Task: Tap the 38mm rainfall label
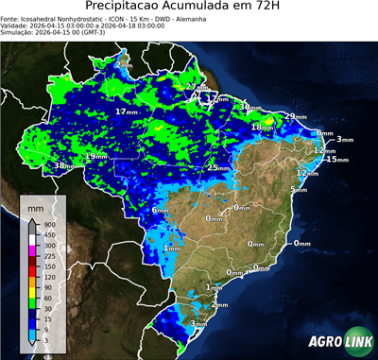(x=64, y=166)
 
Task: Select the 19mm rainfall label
(x=96, y=157)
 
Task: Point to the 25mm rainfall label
(x=219, y=168)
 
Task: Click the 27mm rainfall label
(x=196, y=88)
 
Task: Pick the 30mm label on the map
(x=249, y=108)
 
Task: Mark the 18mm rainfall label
(x=262, y=127)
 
